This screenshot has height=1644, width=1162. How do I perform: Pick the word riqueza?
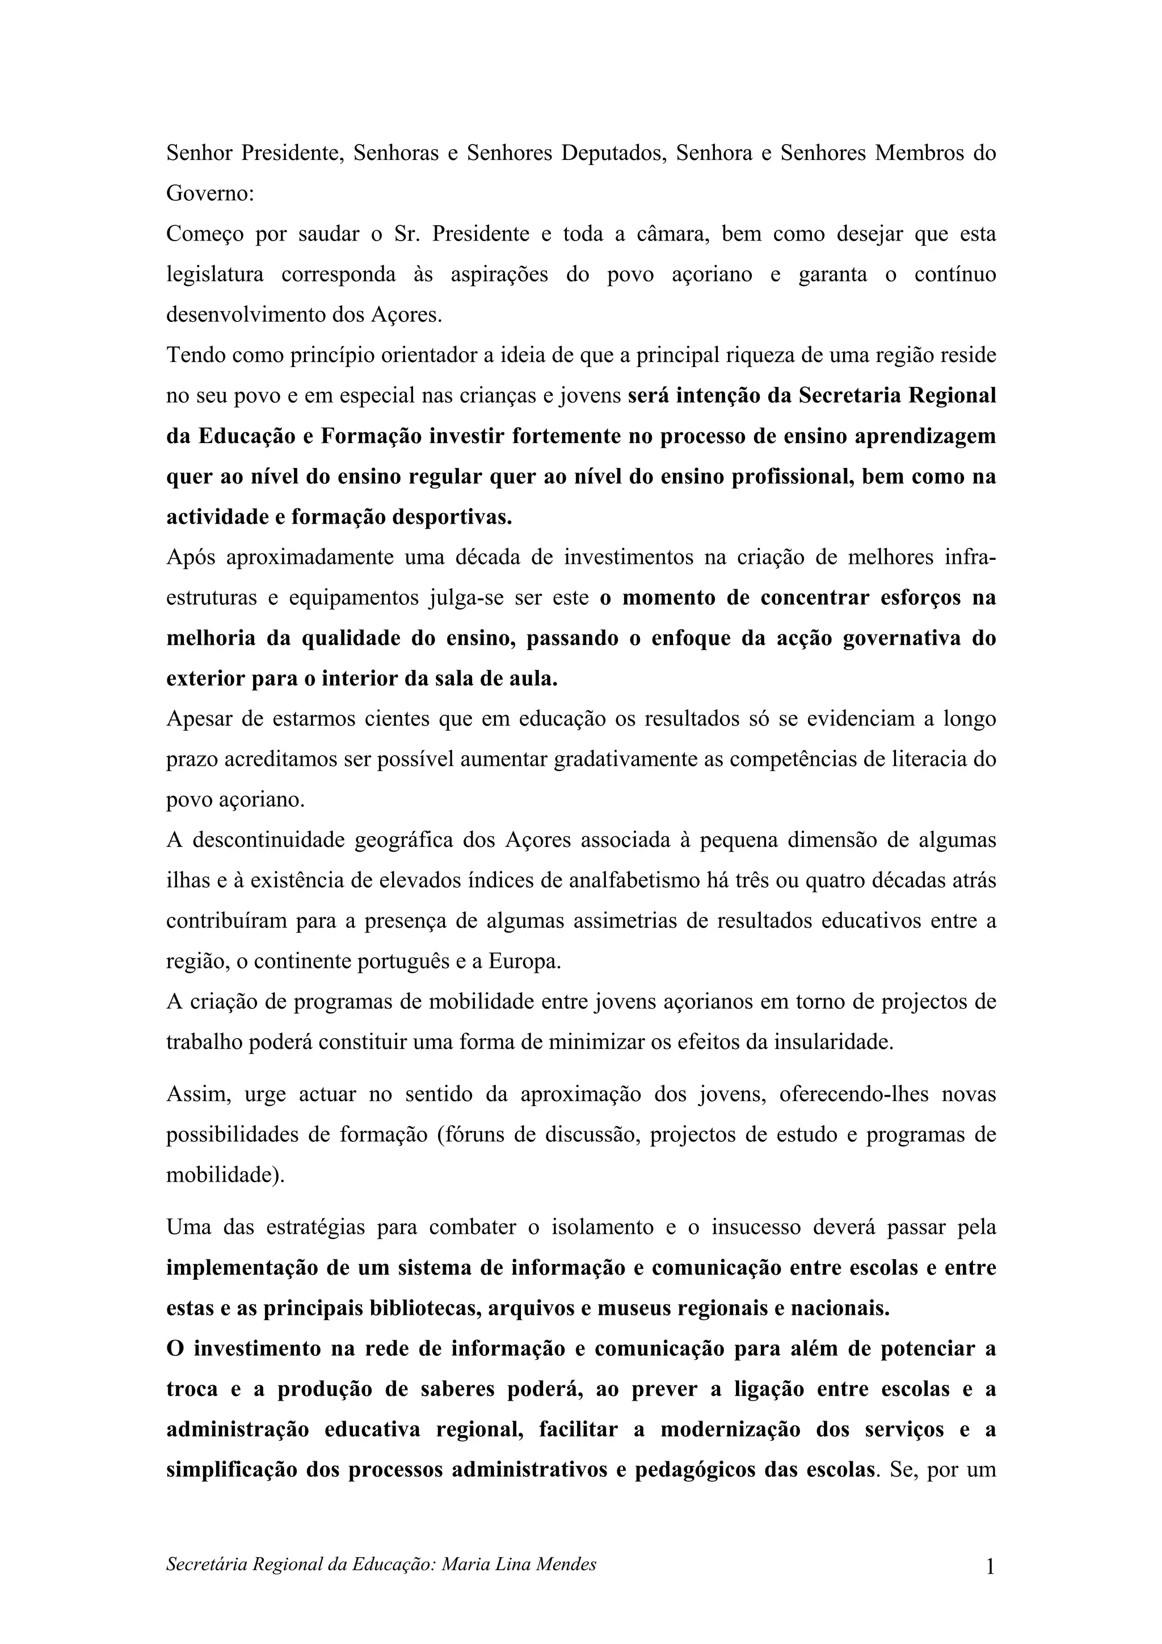(765, 355)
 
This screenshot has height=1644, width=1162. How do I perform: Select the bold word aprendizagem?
(925, 436)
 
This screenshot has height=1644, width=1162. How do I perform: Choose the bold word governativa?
(899, 638)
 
